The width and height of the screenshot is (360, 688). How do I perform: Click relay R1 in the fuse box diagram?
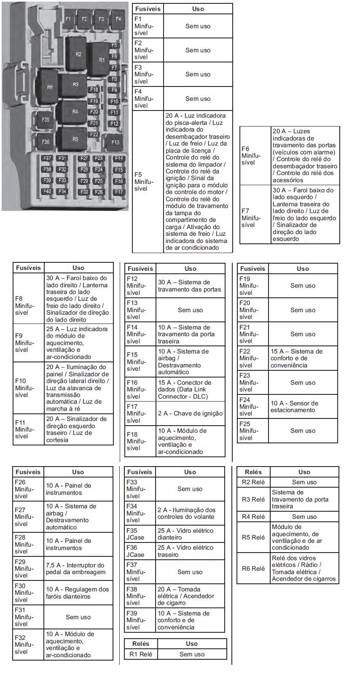[101, 59]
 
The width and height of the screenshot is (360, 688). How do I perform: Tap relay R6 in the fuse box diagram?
[50, 87]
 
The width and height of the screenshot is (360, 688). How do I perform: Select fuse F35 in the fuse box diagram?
[46, 119]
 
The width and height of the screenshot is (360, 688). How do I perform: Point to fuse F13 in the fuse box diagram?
[115, 142]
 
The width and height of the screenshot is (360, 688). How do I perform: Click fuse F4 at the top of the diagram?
[118, 19]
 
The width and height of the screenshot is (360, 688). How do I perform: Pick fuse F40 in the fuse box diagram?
[47, 192]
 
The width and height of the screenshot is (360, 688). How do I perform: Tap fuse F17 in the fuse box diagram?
[119, 192]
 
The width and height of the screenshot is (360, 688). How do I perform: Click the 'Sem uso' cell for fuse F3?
[198, 74]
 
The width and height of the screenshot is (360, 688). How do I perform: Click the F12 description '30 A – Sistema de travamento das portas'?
[190, 286]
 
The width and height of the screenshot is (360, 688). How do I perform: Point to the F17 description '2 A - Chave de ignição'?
[190, 413]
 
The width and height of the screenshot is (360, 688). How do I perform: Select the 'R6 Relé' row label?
[253, 568]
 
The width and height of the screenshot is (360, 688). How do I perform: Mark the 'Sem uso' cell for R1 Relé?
[192, 654]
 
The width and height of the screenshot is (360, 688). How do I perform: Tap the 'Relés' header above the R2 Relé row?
[253, 472]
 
